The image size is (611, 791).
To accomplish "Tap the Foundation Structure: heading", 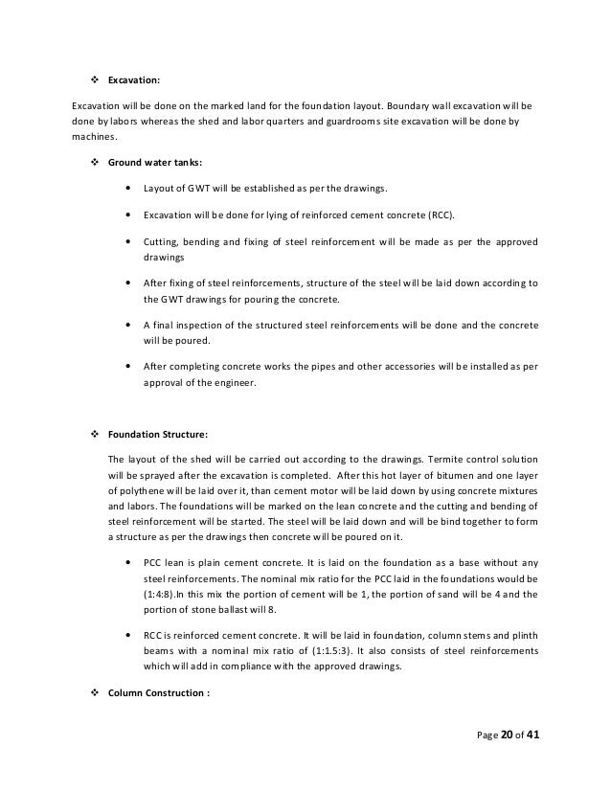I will pos(155,434).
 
